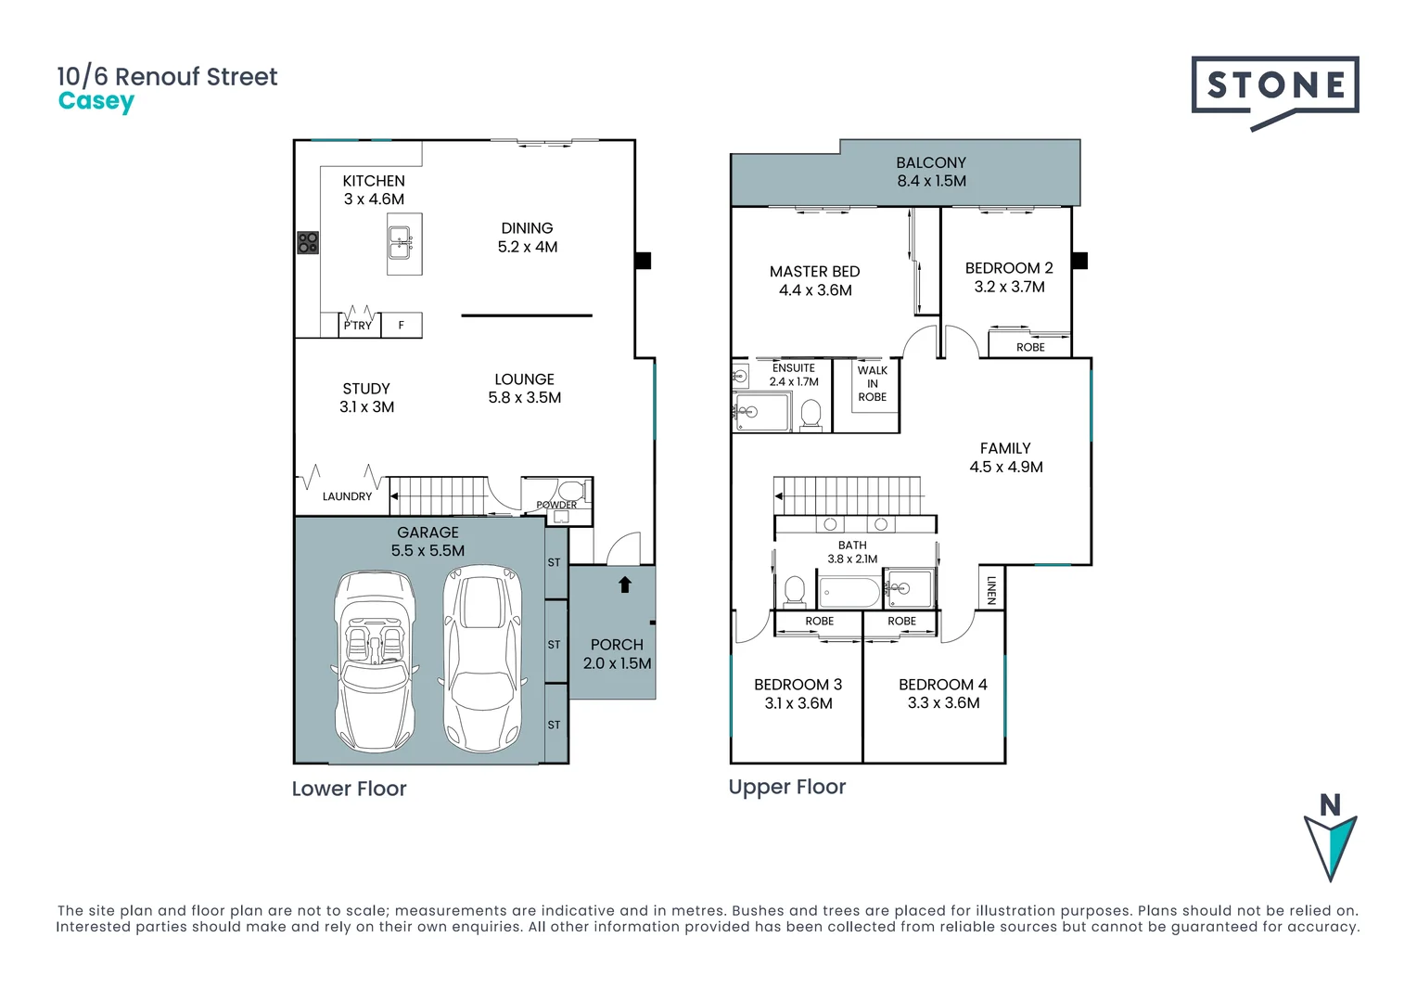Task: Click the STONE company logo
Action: (x=1275, y=88)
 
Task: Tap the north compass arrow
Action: (x=1331, y=840)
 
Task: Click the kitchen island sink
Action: (x=401, y=242)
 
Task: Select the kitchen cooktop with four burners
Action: (x=308, y=243)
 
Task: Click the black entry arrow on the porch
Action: (x=625, y=584)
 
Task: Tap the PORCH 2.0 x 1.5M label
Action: (x=617, y=654)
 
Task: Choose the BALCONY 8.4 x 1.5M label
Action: (x=931, y=172)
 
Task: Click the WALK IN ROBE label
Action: (x=872, y=383)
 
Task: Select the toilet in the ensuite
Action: (x=811, y=414)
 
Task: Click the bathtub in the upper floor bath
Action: (x=849, y=592)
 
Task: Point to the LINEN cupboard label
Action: (x=991, y=589)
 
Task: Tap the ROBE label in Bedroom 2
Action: (x=1030, y=347)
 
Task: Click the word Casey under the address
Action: (x=96, y=101)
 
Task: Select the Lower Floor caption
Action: (x=349, y=789)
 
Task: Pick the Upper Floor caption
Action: (x=786, y=787)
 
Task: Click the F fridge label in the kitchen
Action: (x=402, y=325)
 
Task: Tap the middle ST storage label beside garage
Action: (x=554, y=644)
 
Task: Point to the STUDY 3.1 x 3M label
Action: (x=366, y=397)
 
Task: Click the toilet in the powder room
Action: (x=569, y=490)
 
